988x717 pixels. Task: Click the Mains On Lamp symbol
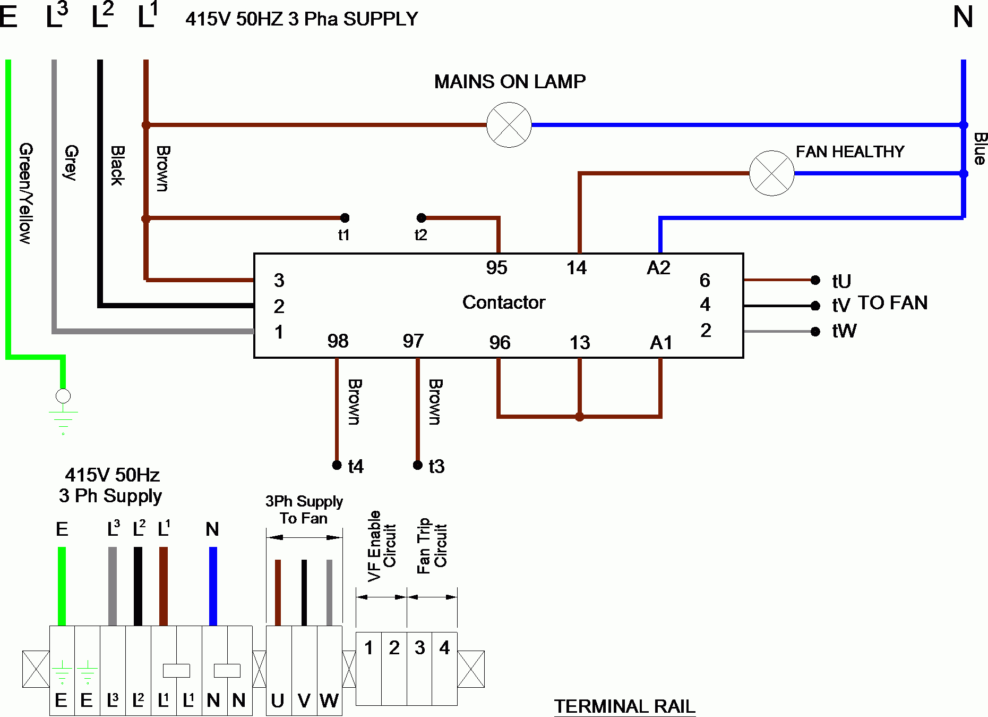click(x=509, y=125)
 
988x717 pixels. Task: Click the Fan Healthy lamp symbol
click(x=771, y=173)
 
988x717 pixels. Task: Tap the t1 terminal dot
click(x=345, y=218)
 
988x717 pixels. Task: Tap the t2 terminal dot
click(x=421, y=218)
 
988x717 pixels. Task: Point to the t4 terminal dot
click(x=337, y=465)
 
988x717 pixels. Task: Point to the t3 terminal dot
click(x=418, y=465)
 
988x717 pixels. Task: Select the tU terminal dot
click(x=815, y=280)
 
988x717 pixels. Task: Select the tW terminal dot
click(x=815, y=332)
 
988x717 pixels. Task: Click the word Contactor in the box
click(x=503, y=302)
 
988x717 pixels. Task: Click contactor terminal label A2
click(x=658, y=268)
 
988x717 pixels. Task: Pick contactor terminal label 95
click(x=496, y=268)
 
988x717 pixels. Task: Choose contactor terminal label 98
click(x=338, y=341)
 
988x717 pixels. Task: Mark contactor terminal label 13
click(x=580, y=343)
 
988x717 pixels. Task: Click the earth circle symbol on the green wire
click(x=63, y=396)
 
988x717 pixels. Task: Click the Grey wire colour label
click(x=71, y=162)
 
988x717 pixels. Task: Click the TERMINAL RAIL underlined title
click(x=624, y=706)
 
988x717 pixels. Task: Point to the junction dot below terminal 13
click(x=580, y=417)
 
